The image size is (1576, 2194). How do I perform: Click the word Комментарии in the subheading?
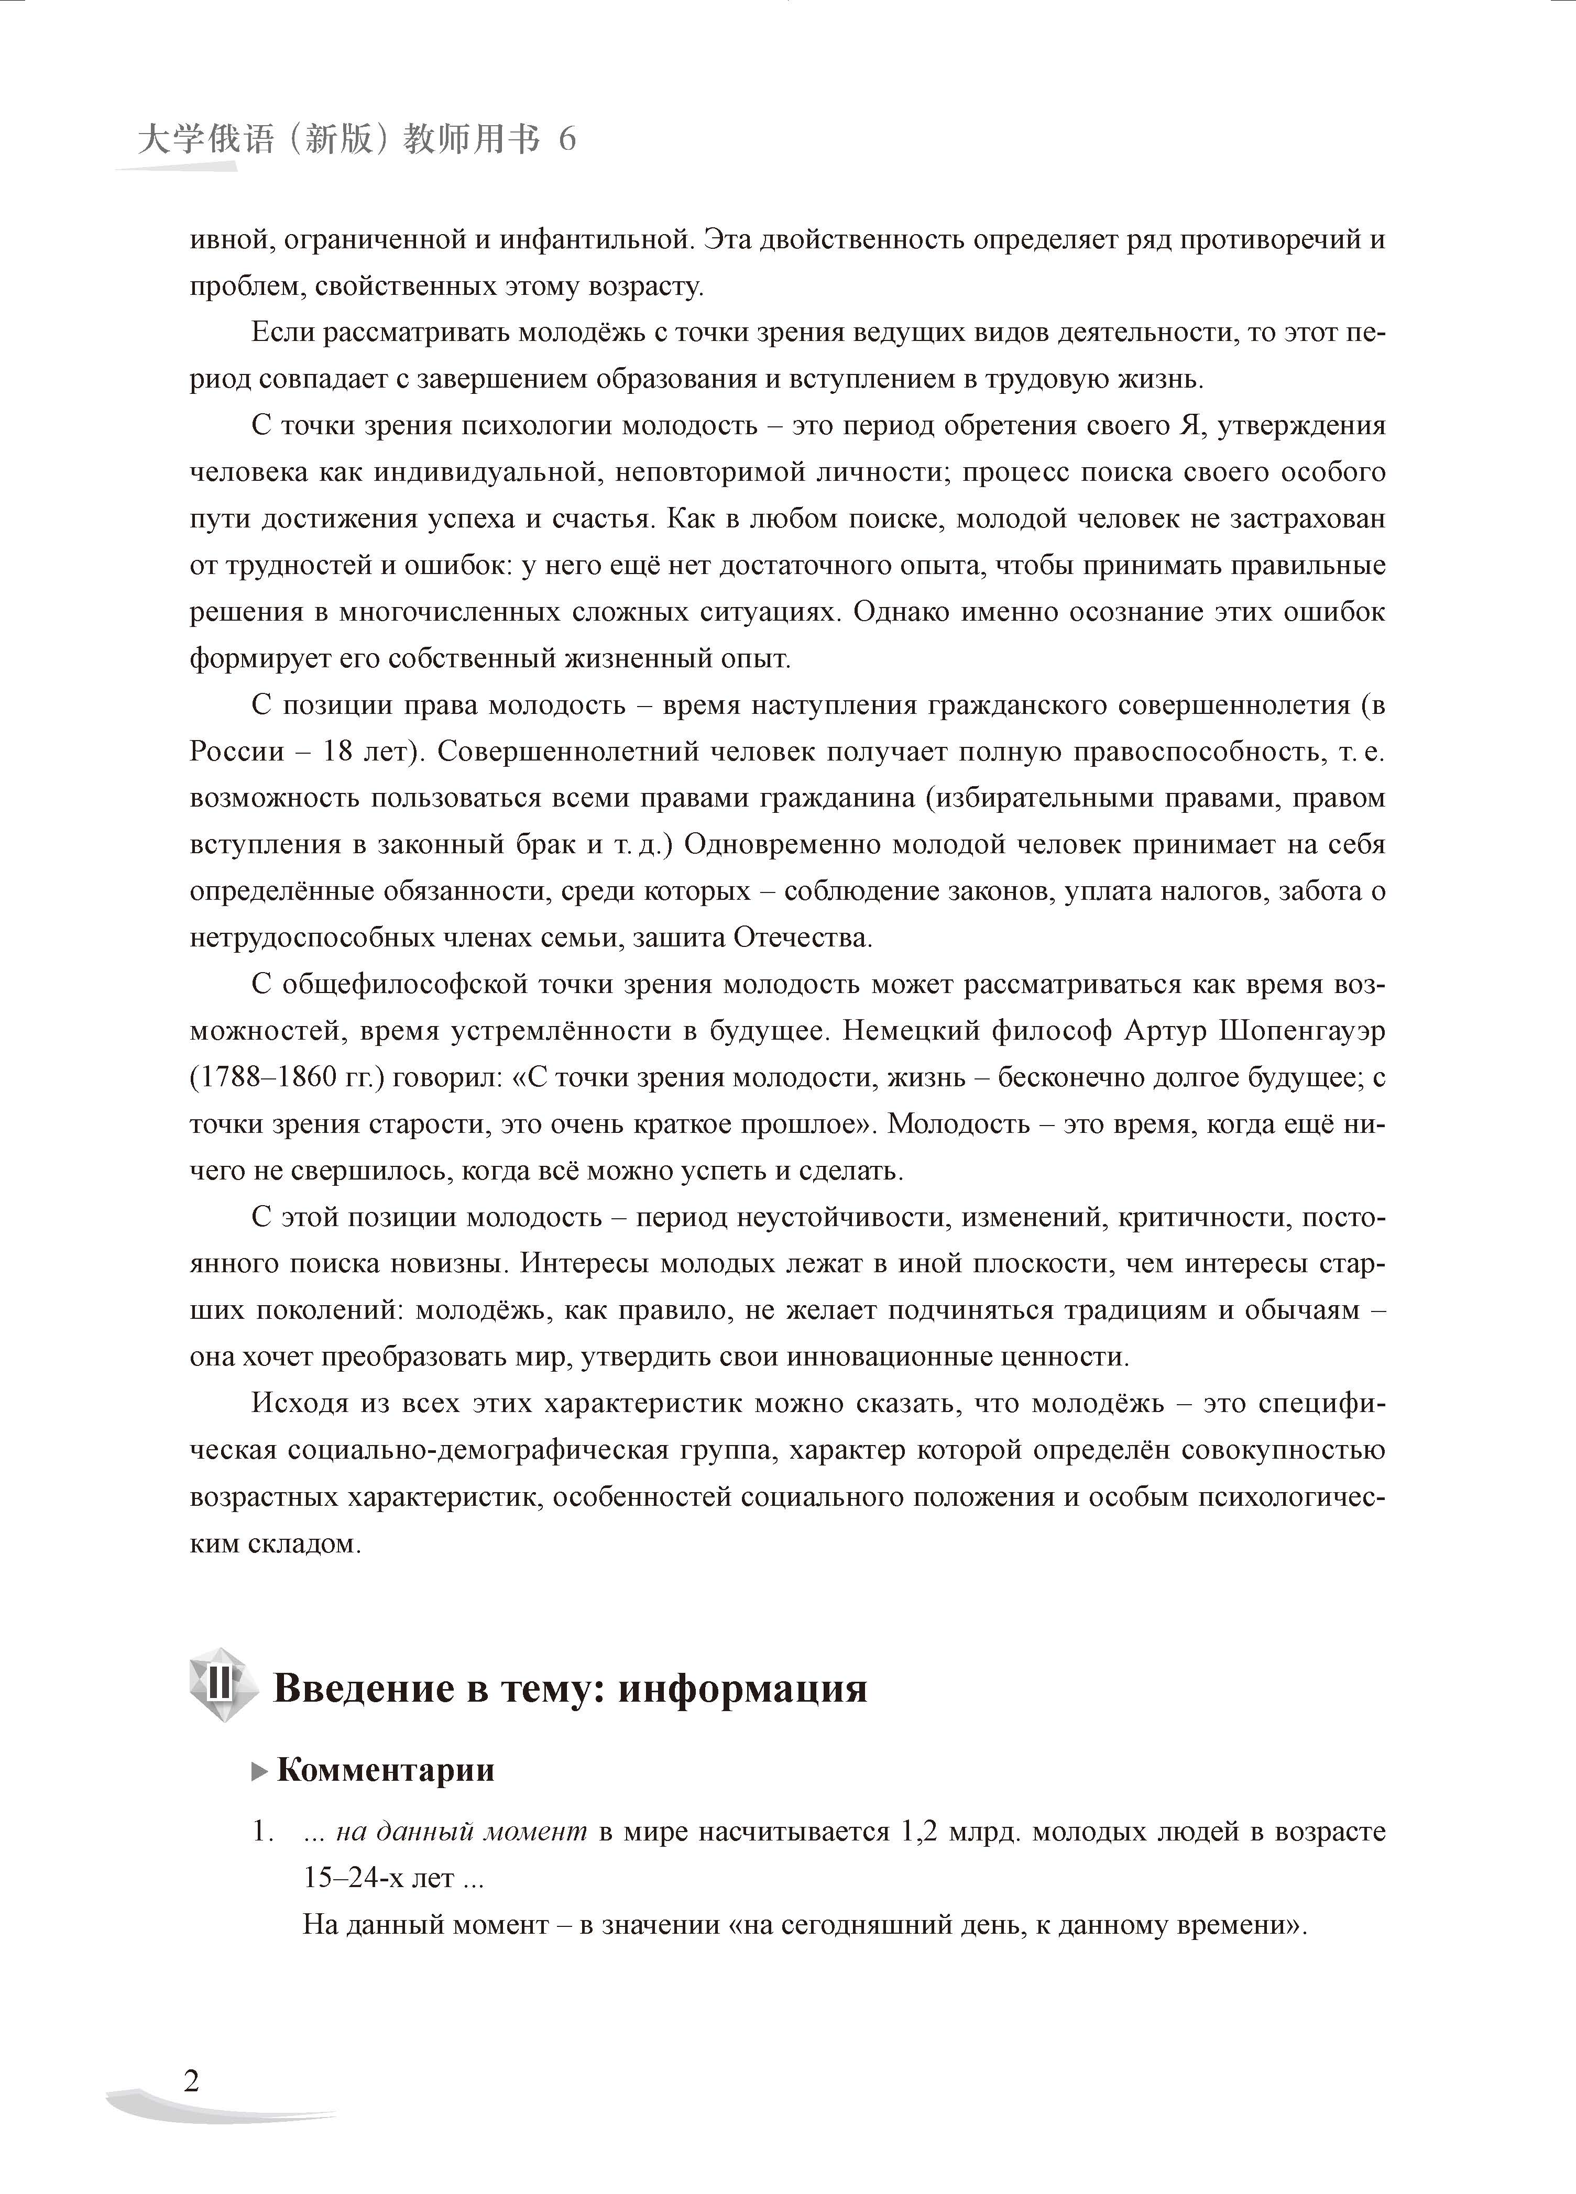[385, 1769]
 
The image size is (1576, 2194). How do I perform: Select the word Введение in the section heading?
[369, 1687]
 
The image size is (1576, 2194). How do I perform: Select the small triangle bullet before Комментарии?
[258, 1771]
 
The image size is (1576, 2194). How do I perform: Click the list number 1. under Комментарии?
[261, 1831]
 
